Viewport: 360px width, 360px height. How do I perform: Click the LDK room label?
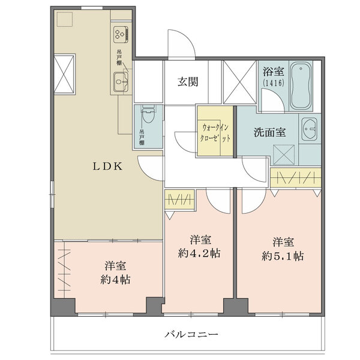[x=107, y=166]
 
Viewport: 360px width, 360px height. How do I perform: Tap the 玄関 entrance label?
[x=188, y=82]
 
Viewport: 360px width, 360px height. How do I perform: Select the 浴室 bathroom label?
[x=274, y=71]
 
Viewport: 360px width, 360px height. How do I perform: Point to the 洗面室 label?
[x=270, y=133]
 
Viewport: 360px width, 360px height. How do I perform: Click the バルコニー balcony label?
[x=191, y=334]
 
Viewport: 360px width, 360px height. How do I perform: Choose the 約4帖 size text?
[x=115, y=280]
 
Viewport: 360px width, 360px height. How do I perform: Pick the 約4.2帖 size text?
[x=199, y=253]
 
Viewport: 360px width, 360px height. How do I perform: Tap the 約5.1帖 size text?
[x=283, y=256]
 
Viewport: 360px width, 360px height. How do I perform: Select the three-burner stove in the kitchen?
[x=121, y=34]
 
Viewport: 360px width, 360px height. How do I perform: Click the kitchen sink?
[x=121, y=82]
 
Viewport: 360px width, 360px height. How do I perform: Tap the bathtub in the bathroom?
[x=301, y=85]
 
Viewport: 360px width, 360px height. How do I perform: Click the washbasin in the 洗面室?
[x=309, y=129]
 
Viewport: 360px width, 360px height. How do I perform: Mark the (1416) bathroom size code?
[x=274, y=82]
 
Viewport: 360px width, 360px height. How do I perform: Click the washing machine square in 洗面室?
[x=284, y=155]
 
